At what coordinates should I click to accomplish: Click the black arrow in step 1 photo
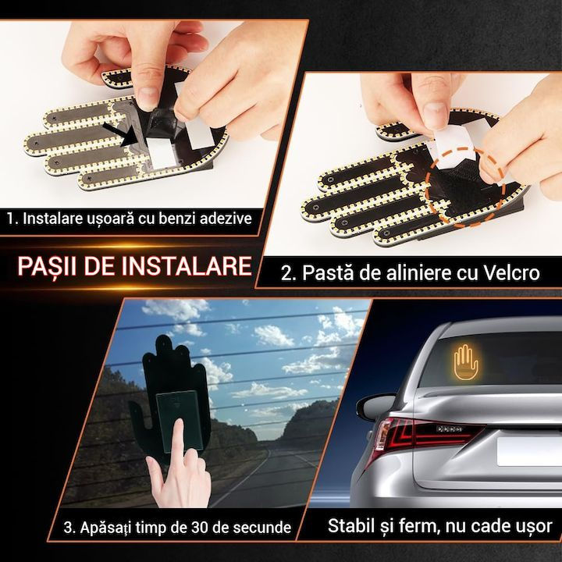click(x=123, y=135)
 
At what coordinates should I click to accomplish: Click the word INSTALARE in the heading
click(x=186, y=265)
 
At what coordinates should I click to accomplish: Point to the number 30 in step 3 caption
click(x=200, y=527)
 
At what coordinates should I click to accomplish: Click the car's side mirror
click(x=375, y=406)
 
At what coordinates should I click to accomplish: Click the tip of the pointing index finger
click(x=178, y=422)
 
